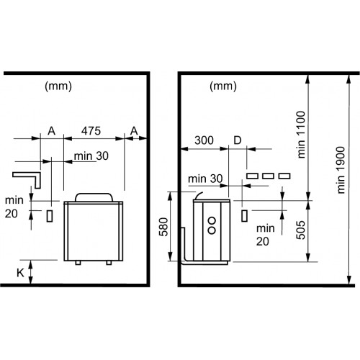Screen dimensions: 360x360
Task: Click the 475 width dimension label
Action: [91, 131]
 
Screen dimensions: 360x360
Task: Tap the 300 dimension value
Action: [204, 140]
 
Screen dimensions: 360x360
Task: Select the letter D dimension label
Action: [238, 140]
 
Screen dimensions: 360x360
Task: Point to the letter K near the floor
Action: [20, 273]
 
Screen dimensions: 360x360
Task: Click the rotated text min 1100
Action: [301, 135]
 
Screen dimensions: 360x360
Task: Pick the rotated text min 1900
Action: [341, 170]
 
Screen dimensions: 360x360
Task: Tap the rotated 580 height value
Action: [163, 227]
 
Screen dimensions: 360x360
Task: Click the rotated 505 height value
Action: [300, 230]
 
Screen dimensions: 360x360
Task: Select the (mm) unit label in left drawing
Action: [58, 86]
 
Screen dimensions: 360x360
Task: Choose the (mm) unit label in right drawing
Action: [223, 86]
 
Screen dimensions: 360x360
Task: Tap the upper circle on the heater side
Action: [212, 220]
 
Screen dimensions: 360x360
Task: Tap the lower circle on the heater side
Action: [212, 230]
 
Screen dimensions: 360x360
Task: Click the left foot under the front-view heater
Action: [78, 263]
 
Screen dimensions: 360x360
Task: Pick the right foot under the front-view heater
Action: [109, 263]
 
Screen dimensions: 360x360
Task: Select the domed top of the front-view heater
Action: [94, 197]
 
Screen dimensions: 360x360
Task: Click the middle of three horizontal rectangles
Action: [268, 176]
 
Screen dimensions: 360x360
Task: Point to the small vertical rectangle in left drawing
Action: [50, 216]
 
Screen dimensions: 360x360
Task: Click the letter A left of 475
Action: [52, 131]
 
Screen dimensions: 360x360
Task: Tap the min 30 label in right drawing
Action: [205, 179]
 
